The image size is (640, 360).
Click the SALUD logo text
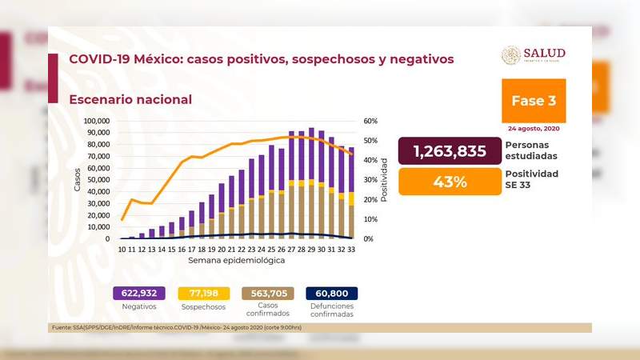pyautogui.click(x=545, y=53)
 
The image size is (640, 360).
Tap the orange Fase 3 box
pyautogui.click(x=534, y=101)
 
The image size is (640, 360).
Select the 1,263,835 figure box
pyautogui.click(x=450, y=151)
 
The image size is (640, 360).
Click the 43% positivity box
pyautogui.click(x=450, y=181)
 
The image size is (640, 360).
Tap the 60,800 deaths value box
pyautogui.click(x=331, y=293)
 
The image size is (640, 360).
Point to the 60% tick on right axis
pyautogui.click(x=370, y=121)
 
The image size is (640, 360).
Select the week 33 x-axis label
pyautogui.click(x=350, y=250)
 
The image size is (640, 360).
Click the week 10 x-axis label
pyautogui.click(x=122, y=250)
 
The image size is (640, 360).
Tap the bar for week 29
pyautogui.click(x=310, y=183)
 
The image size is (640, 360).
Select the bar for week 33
pyautogui.click(x=350, y=193)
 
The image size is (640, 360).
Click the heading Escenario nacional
pyautogui.click(x=130, y=99)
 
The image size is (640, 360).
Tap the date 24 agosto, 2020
pyautogui.click(x=534, y=128)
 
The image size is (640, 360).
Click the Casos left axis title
pyautogui.click(x=78, y=179)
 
